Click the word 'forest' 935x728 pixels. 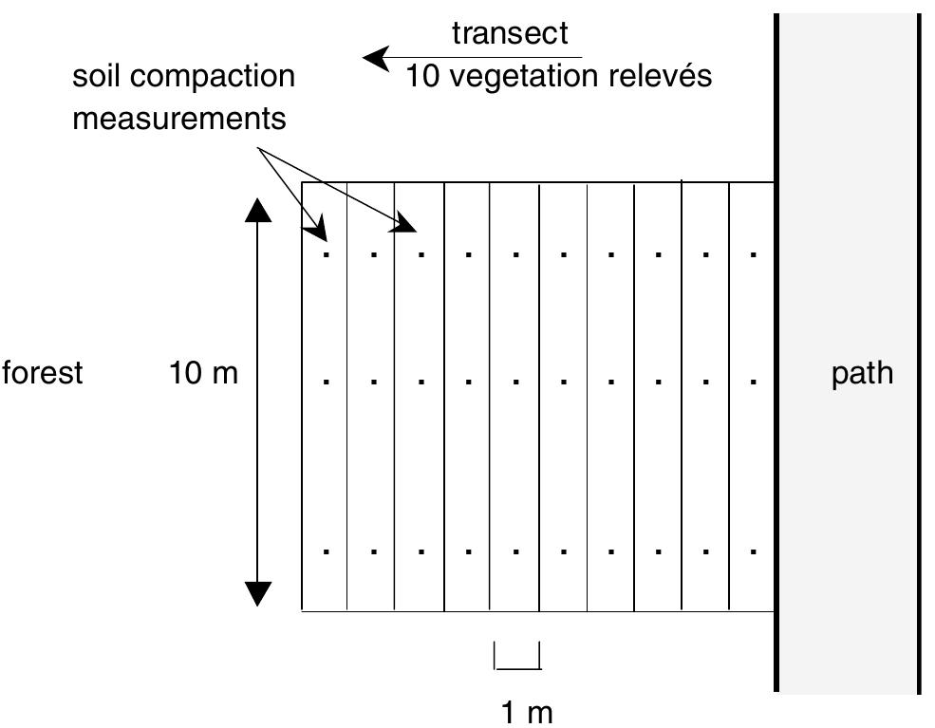(43, 373)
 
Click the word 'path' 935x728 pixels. (862, 373)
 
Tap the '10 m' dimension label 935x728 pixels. (203, 374)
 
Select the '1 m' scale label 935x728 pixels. (526, 712)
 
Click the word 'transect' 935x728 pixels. (510, 33)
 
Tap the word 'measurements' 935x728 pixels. (179, 120)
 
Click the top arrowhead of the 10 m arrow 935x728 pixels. (258, 210)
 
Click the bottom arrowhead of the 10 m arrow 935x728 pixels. (258, 592)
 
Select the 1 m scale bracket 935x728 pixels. (517, 657)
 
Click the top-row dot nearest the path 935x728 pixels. (754, 254)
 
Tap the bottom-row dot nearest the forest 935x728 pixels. (327, 551)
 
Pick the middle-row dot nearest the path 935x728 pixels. (754, 381)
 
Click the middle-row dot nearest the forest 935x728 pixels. (327, 381)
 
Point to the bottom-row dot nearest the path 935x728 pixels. (754, 551)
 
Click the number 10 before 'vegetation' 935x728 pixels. (423, 76)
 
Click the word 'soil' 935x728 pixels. (99, 76)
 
